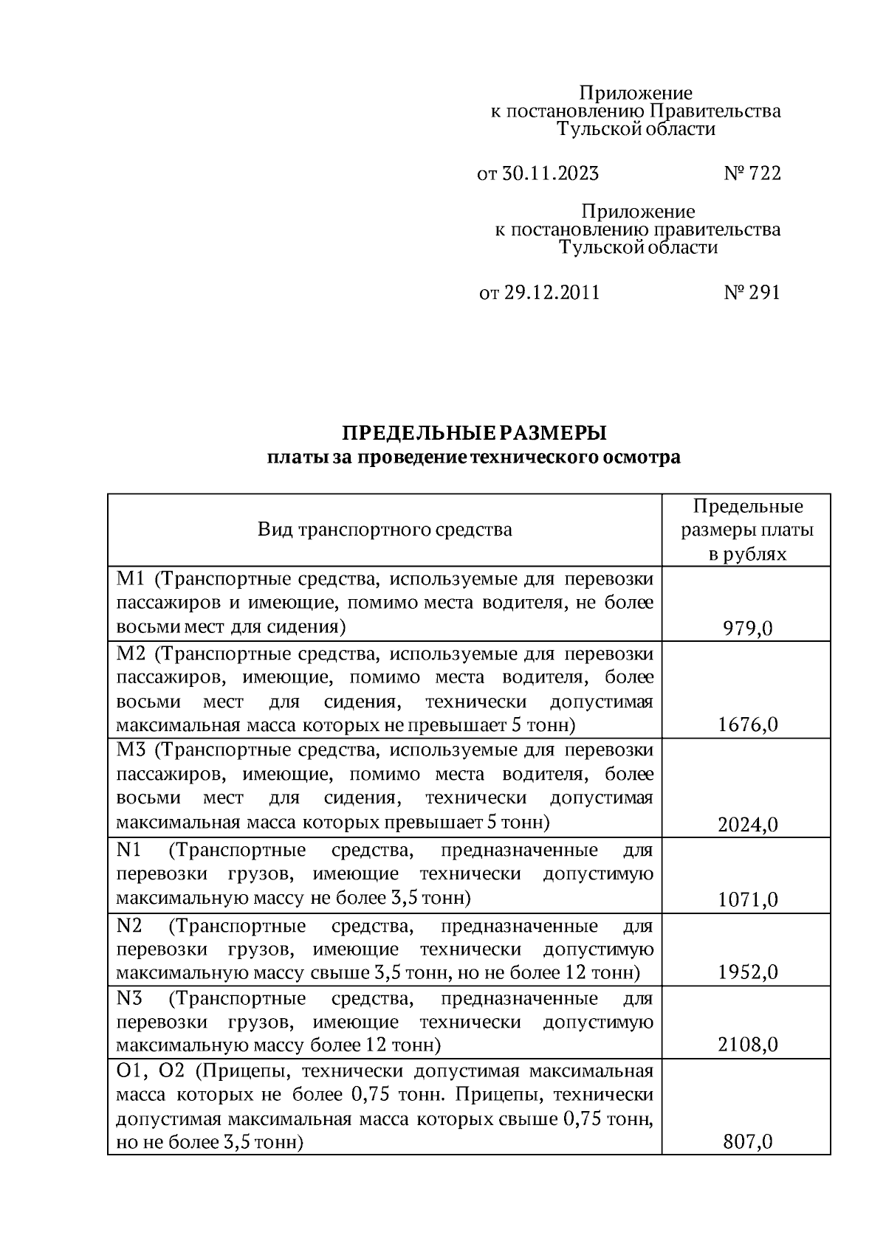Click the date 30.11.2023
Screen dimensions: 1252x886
(550, 174)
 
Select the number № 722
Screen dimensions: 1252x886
(752, 174)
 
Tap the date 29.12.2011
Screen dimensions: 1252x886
(552, 293)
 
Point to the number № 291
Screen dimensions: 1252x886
(752, 293)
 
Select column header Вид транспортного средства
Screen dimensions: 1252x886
(385, 530)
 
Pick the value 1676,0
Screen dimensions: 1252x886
(747, 724)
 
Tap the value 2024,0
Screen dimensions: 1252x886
(747, 824)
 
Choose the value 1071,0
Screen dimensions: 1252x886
(747, 899)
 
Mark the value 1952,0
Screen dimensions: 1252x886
(747, 972)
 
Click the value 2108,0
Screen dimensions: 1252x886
(747, 1045)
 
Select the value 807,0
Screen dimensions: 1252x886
(747, 1142)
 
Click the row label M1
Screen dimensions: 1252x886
(129, 578)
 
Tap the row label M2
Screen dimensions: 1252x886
(129, 654)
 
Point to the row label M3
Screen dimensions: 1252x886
(129, 750)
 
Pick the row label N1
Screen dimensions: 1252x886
(128, 851)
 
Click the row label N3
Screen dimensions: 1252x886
(128, 999)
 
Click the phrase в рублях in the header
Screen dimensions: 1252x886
(747, 554)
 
